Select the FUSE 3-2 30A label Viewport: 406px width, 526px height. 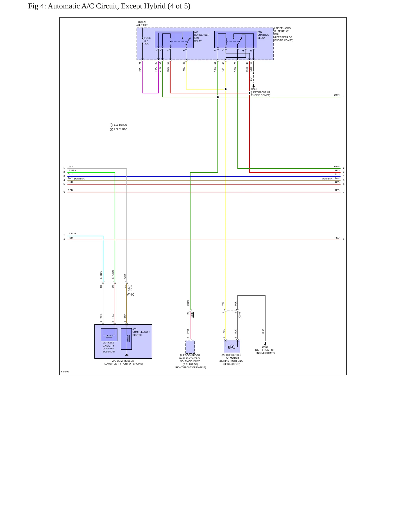[x=148, y=41]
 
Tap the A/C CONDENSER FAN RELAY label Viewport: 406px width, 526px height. [x=201, y=37]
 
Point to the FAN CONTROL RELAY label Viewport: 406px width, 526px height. [x=263, y=35]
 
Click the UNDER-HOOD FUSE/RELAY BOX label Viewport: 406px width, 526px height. [x=284, y=34]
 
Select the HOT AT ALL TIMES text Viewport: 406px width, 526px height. [x=142, y=24]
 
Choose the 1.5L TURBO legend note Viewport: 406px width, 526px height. [x=119, y=125]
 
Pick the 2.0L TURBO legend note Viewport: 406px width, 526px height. [x=119, y=129]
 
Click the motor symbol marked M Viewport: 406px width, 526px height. [x=232, y=347]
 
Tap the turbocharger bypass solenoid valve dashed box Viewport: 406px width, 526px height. [x=190, y=347]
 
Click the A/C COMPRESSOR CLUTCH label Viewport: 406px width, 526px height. [x=141, y=332]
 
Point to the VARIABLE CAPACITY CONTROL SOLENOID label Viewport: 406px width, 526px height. [x=108, y=347]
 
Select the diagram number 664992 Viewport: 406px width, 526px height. [x=65, y=372]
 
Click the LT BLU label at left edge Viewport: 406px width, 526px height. [x=72, y=233]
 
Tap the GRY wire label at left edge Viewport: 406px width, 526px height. [x=70, y=167]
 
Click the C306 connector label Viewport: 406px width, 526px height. [x=240, y=314]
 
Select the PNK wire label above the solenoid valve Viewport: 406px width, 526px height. [x=188, y=331]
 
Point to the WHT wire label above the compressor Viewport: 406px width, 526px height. [x=101, y=316]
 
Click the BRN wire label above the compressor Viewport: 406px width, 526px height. [x=125, y=316]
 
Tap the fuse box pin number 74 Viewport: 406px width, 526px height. [x=140, y=63]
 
